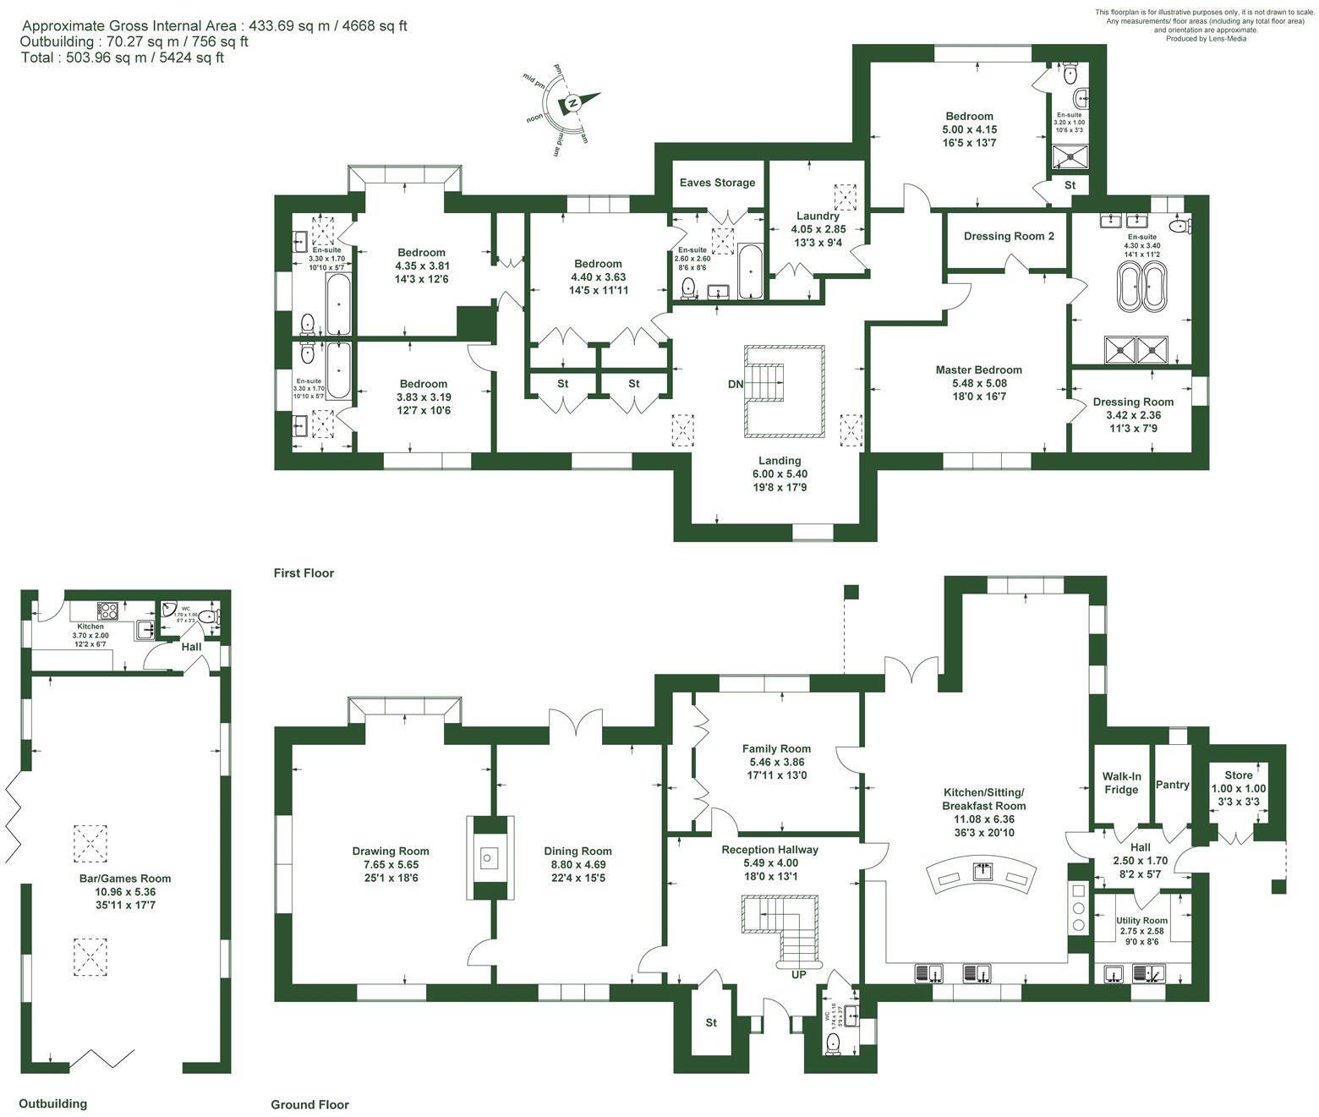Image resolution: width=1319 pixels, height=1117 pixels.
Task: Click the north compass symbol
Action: tap(573, 103)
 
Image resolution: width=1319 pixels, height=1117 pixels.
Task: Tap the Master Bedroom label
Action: tap(978, 370)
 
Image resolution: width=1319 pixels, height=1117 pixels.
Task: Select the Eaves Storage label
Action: tap(717, 183)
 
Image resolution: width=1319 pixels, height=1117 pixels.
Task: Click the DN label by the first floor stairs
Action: tap(736, 384)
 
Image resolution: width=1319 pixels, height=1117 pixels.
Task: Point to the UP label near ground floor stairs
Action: tap(798, 974)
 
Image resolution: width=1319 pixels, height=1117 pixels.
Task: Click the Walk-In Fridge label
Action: tap(1120, 783)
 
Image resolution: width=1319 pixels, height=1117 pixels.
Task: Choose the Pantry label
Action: tap(1172, 785)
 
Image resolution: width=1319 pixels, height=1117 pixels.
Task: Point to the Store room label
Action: tap(1238, 775)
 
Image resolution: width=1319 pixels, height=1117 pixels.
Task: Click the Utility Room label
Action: tap(1141, 920)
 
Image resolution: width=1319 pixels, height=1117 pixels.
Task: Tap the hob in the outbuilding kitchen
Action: tap(109, 610)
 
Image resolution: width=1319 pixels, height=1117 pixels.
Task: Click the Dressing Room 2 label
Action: tap(1009, 236)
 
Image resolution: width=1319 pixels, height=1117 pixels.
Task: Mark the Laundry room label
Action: tap(818, 216)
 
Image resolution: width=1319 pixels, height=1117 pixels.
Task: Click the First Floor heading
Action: tap(304, 573)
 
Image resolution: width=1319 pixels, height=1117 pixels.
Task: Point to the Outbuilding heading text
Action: tap(52, 1103)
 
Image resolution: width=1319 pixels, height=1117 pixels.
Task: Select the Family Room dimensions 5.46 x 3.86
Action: tap(776, 762)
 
